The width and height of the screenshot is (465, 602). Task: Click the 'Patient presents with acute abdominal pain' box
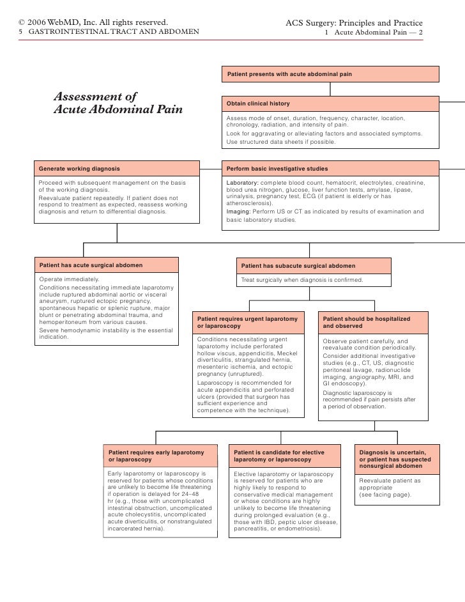(x=330, y=74)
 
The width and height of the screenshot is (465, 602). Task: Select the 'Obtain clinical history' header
(x=330, y=104)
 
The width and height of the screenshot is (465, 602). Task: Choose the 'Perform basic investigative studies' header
(x=330, y=169)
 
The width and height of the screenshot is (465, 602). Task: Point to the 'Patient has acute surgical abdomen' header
(x=106, y=265)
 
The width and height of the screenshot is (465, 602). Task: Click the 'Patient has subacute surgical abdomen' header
(x=313, y=265)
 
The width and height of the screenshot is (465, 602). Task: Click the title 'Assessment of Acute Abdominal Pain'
(x=118, y=103)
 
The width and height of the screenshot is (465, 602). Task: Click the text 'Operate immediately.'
(x=69, y=279)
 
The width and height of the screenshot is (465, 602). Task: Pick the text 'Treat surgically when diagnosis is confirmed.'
(x=301, y=279)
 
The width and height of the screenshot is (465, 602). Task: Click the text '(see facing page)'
(x=385, y=495)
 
